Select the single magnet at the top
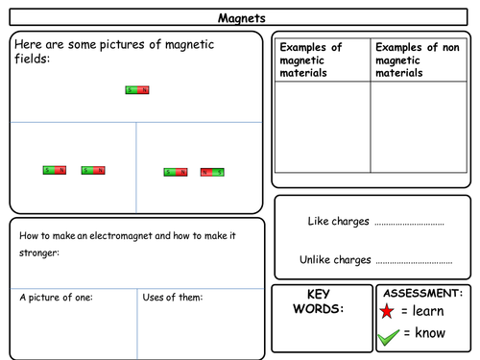[x=137, y=90]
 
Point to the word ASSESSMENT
[x=422, y=293]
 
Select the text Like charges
[x=338, y=222]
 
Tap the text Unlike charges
[x=334, y=259]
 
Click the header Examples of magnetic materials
[x=309, y=60]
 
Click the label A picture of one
[x=57, y=298]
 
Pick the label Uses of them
[x=172, y=298]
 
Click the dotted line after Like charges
[x=409, y=224]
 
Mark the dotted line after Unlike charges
[x=414, y=261]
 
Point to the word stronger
[x=36, y=253]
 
